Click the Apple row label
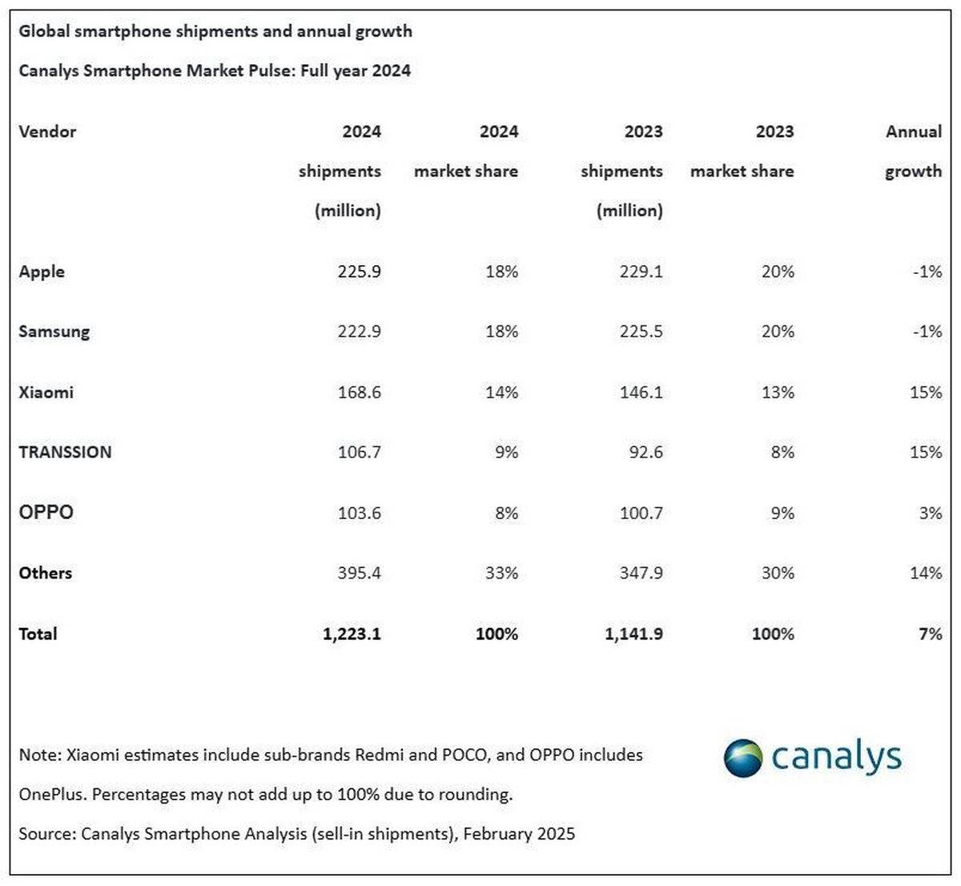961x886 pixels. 42,272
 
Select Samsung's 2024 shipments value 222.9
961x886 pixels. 359,332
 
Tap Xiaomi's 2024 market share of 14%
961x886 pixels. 501,392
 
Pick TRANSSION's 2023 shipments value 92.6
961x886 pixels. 641,452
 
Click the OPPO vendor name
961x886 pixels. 46,513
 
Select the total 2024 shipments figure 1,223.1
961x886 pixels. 352,634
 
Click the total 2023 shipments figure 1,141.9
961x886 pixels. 633,634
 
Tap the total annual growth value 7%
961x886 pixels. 930,634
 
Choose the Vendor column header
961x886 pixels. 47,131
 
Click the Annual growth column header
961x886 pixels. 913,151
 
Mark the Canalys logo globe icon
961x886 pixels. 742,758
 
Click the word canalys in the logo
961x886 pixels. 837,757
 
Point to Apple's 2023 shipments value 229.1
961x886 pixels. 641,272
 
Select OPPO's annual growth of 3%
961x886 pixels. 930,513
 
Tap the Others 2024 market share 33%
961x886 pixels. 501,573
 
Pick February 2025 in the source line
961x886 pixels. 519,834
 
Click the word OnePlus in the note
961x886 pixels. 52,795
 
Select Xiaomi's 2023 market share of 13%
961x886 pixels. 778,392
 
